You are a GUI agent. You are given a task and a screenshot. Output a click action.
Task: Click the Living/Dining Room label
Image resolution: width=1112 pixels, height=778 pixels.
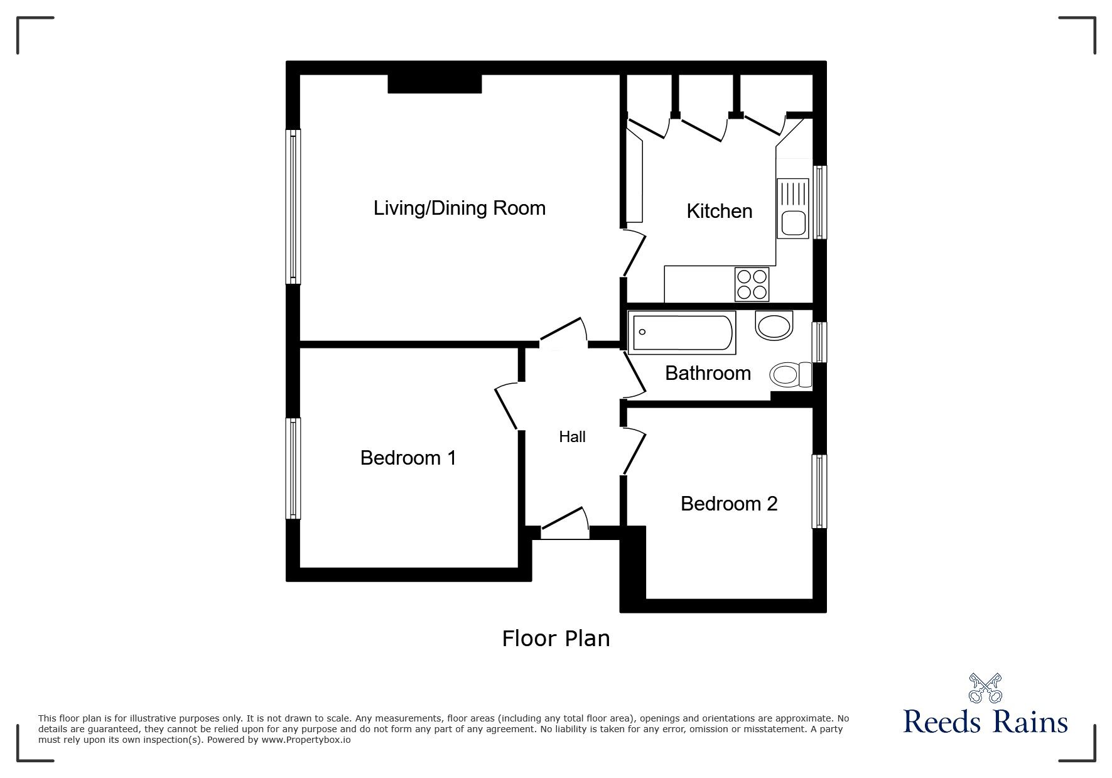click(x=459, y=208)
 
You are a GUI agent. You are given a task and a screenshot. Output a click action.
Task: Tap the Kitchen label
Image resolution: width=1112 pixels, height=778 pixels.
click(x=719, y=211)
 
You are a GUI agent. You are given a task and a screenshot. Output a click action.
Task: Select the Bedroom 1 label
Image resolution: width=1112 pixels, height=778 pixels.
click(x=408, y=458)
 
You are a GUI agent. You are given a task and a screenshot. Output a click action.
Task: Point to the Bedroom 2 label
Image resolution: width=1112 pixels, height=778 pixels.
click(x=728, y=504)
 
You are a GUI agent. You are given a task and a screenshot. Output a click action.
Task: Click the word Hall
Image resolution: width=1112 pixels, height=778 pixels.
click(x=572, y=437)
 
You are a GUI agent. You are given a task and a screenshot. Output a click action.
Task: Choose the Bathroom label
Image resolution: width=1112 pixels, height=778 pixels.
click(x=708, y=374)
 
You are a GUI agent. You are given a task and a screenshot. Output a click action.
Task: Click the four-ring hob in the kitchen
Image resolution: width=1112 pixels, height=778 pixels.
click(x=752, y=284)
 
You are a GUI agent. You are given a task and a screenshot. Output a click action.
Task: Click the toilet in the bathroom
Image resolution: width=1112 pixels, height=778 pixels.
click(x=789, y=375)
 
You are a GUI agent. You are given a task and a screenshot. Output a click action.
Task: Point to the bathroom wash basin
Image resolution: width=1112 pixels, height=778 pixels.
click(x=774, y=327)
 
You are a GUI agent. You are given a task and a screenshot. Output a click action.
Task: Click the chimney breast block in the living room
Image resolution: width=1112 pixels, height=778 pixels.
click(x=435, y=84)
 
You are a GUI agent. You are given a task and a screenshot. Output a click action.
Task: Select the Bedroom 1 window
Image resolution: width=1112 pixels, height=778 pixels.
click(x=293, y=468)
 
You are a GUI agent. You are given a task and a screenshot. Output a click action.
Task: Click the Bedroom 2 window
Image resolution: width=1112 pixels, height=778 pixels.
click(x=819, y=491)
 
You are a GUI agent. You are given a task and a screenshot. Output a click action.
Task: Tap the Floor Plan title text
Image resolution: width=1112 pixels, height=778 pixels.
click(x=556, y=639)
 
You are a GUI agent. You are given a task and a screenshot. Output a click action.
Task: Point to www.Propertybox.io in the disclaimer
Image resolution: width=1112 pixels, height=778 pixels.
click(x=306, y=740)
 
